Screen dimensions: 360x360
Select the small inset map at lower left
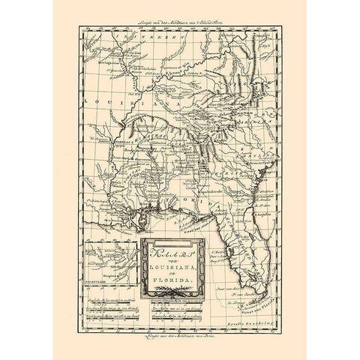pos(107,262)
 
